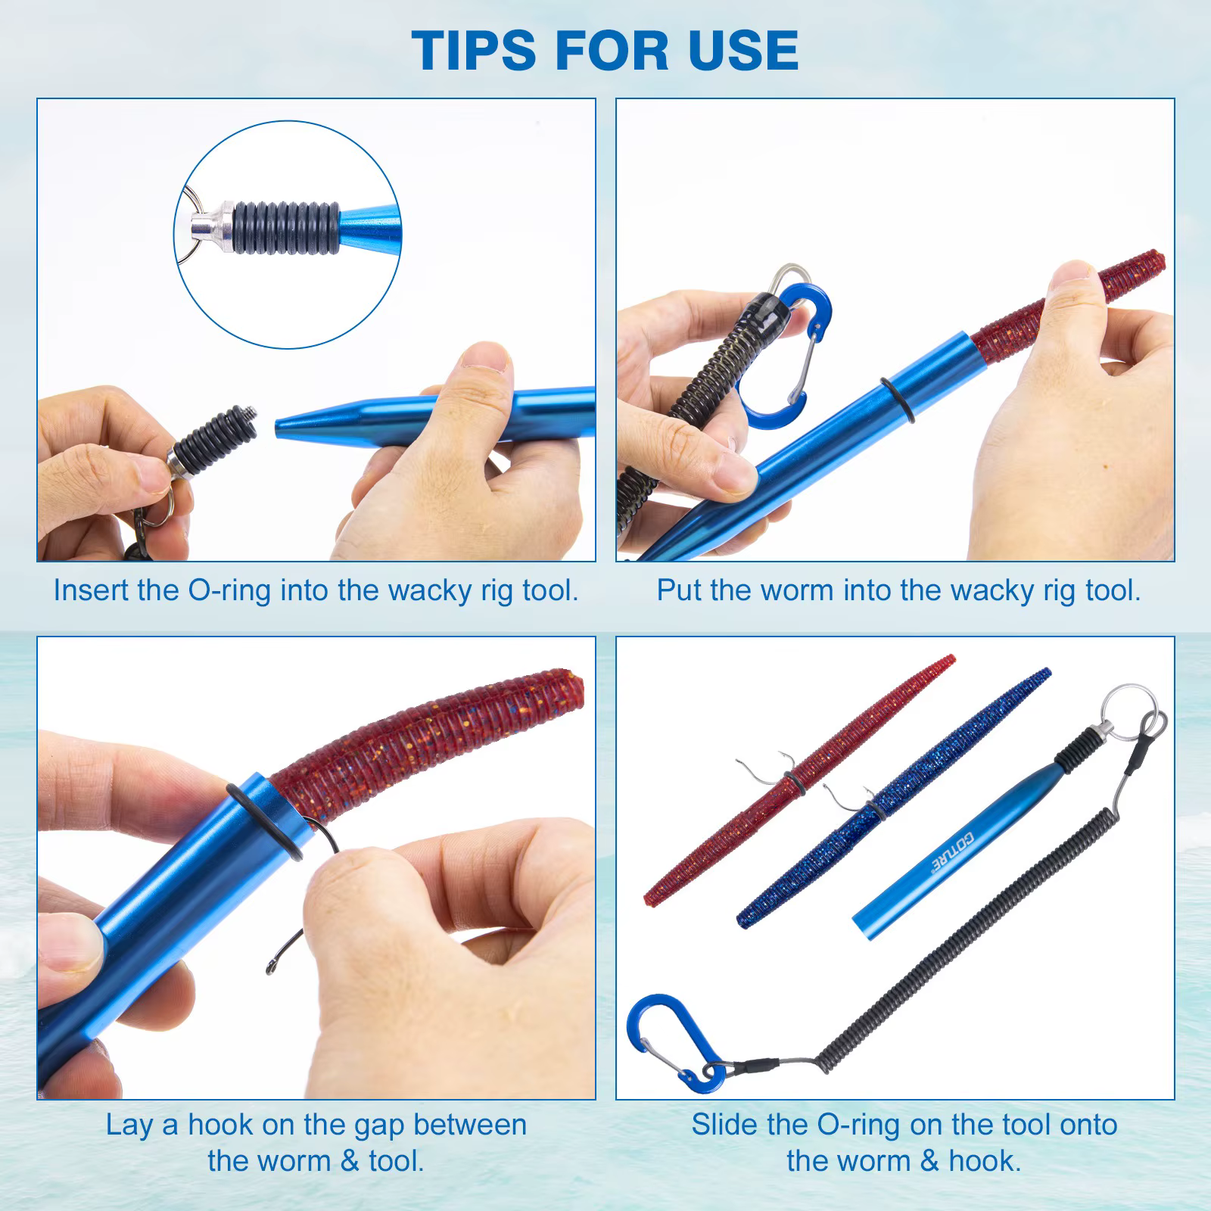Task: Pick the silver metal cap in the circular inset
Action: point(210,225)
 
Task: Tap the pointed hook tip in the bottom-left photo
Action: point(269,970)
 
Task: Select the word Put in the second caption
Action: point(680,590)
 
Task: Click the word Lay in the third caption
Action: point(129,1125)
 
